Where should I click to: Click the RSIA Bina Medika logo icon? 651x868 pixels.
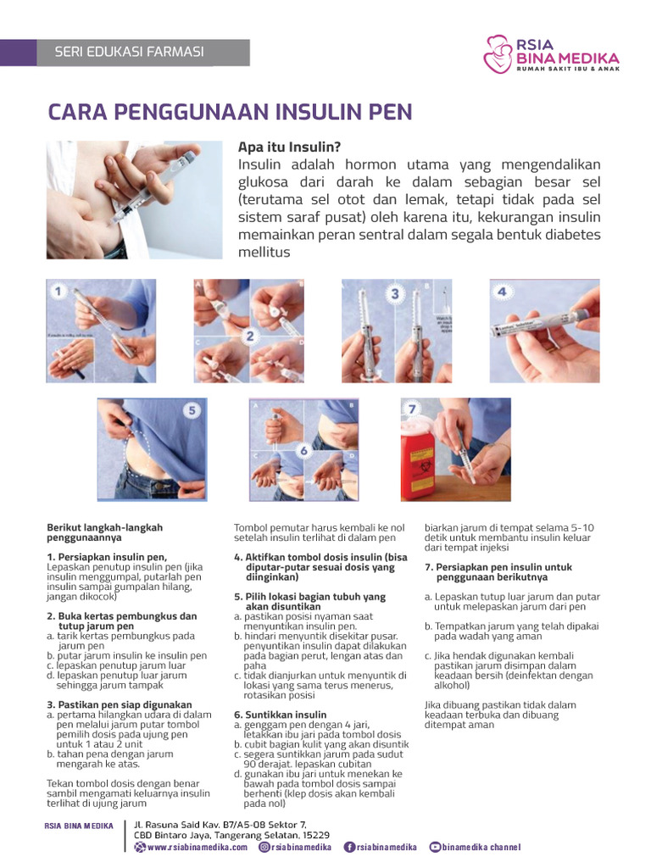click(498, 54)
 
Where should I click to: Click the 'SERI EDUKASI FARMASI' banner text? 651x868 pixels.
click(130, 52)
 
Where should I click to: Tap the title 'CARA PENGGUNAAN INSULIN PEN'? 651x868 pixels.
click(230, 112)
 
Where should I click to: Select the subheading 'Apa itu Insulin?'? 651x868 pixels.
click(289, 147)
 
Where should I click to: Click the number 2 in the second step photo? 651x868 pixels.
click(249, 336)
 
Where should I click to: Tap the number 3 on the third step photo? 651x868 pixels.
click(393, 293)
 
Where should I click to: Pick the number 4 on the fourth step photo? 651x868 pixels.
click(502, 292)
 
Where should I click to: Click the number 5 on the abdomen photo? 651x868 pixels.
click(192, 410)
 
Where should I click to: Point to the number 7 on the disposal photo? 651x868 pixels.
click(413, 409)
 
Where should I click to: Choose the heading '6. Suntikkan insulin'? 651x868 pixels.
click(280, 715)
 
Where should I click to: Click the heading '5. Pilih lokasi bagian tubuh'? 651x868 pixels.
click(309, 597)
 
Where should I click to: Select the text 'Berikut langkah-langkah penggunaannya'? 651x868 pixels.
click(104, 532)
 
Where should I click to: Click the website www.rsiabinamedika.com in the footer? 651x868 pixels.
click(197, 847)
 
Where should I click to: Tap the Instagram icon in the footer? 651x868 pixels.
click(264, 847)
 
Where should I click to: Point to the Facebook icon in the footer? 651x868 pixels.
click(349, 847)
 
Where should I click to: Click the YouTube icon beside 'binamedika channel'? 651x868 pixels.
click(436, 847)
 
